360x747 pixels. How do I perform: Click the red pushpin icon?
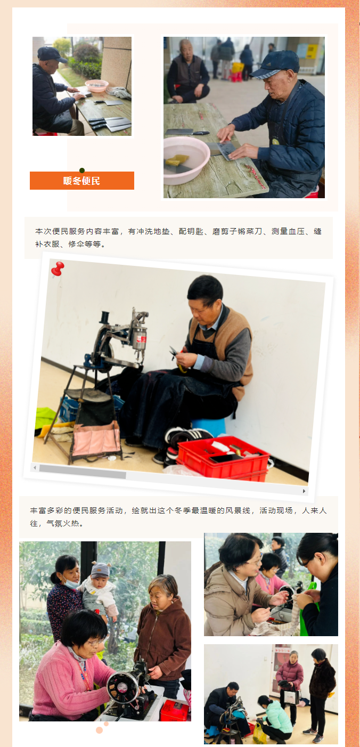[58, 269]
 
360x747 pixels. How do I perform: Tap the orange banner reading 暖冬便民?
[82, 181]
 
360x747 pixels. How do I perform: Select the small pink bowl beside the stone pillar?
[97, 85]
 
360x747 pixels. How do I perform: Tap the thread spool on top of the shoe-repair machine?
[105, 317]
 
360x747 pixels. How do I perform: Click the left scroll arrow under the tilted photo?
[35, 468]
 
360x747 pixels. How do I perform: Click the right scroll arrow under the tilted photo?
[304, 491]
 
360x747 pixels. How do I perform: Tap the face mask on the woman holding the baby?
[70, 582]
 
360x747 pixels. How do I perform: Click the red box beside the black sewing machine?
[175, 710]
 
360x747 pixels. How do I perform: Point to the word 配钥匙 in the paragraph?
[191, 231]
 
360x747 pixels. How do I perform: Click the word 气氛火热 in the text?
[63, 523]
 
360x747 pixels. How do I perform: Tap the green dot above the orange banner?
[82, 170]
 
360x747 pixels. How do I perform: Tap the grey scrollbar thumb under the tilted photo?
[83, 471]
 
